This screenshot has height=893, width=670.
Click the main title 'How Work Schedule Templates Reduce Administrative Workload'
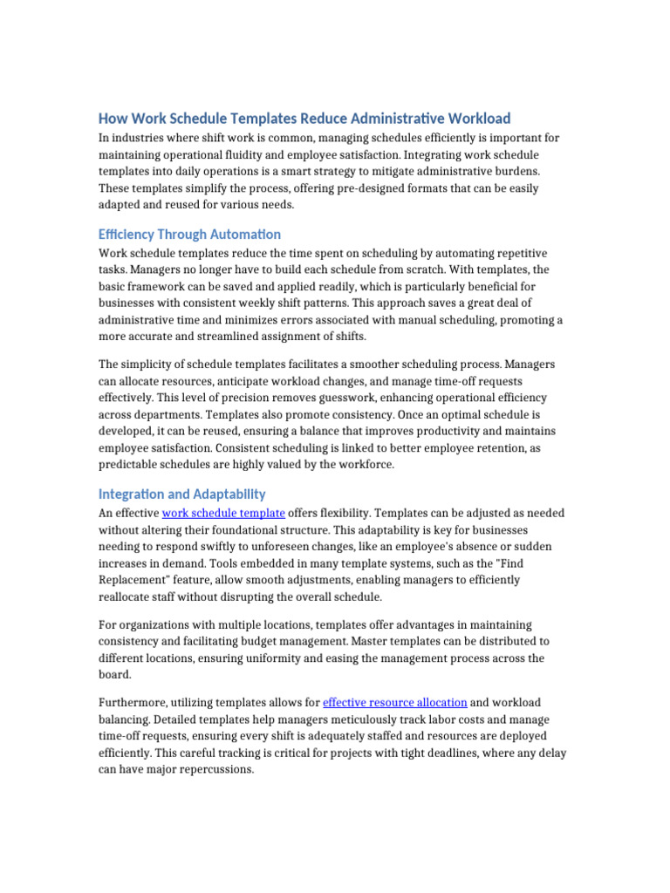click(304, 118)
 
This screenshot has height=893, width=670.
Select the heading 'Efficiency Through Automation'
click(189, 234)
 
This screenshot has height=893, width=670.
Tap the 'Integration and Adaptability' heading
click(181, 494)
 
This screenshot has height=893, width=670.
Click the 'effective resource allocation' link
click(394, 702)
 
